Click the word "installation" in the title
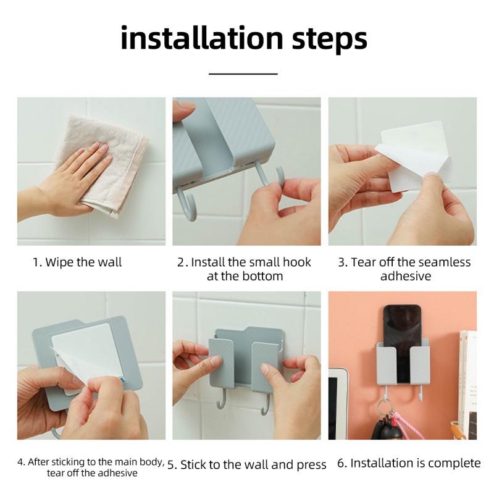coord(202,38)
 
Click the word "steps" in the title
coord(330,40)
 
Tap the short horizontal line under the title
coord(243,74)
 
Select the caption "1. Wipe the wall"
coord(77,262)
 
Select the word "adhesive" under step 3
coord(406,276)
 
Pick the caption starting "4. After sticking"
coord(91,467)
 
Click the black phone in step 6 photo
coord(403,343)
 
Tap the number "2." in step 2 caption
coord(183,262)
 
